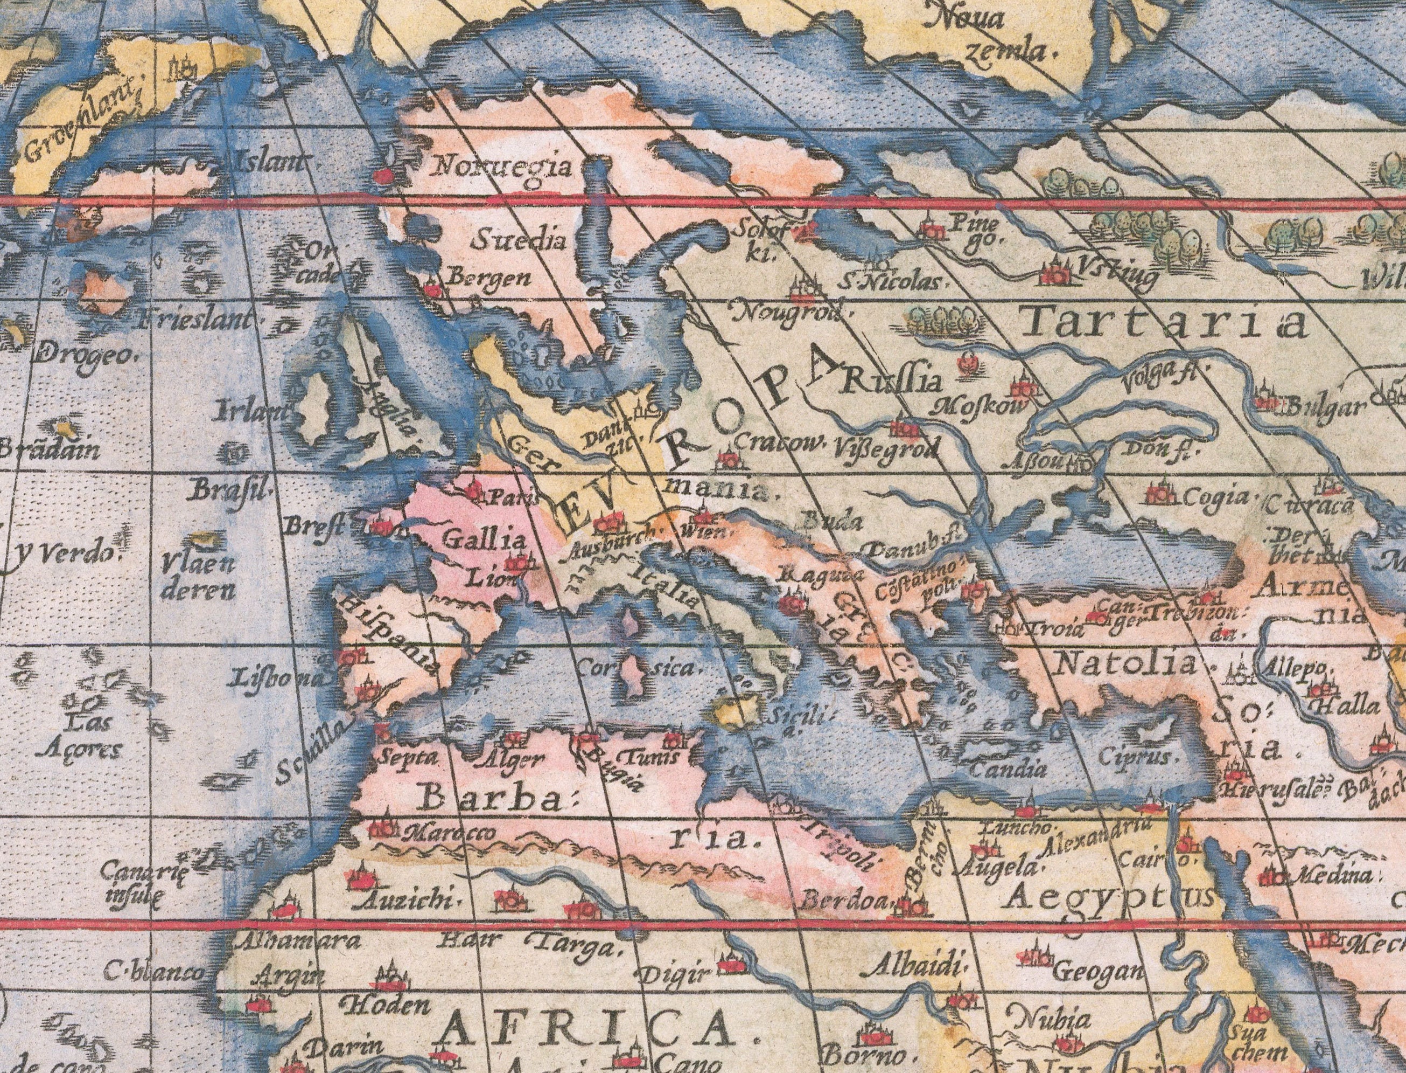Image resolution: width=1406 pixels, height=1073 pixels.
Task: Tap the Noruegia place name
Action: pos(503,168)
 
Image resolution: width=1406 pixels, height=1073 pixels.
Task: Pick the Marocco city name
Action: pos(450,832)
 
